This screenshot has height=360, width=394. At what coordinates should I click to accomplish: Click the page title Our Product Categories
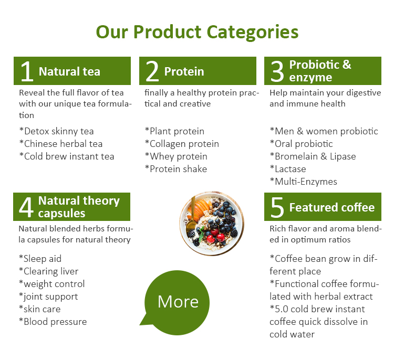197,31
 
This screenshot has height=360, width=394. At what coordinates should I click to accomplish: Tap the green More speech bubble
178,301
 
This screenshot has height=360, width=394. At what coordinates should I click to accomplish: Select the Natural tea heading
69,71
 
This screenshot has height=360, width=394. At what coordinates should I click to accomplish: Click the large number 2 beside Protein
152,71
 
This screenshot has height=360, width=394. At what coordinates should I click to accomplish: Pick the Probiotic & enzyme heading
320,71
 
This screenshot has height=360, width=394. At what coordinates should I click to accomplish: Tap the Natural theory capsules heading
79,207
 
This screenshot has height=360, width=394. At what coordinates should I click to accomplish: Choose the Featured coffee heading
331,207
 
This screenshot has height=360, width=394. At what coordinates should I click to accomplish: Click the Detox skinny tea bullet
56,131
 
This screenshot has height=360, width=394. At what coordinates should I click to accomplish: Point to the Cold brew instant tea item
66,156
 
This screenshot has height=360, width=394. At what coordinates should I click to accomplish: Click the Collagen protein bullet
182,144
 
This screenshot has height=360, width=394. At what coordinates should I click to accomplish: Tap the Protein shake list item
175,169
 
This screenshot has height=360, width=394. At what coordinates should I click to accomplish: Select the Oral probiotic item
301,144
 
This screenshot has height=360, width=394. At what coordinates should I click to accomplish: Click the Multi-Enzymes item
303,182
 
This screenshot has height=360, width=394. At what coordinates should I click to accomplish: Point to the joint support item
48,297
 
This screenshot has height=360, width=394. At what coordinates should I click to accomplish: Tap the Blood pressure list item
53,322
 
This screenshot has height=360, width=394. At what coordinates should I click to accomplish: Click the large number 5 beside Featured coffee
277,207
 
